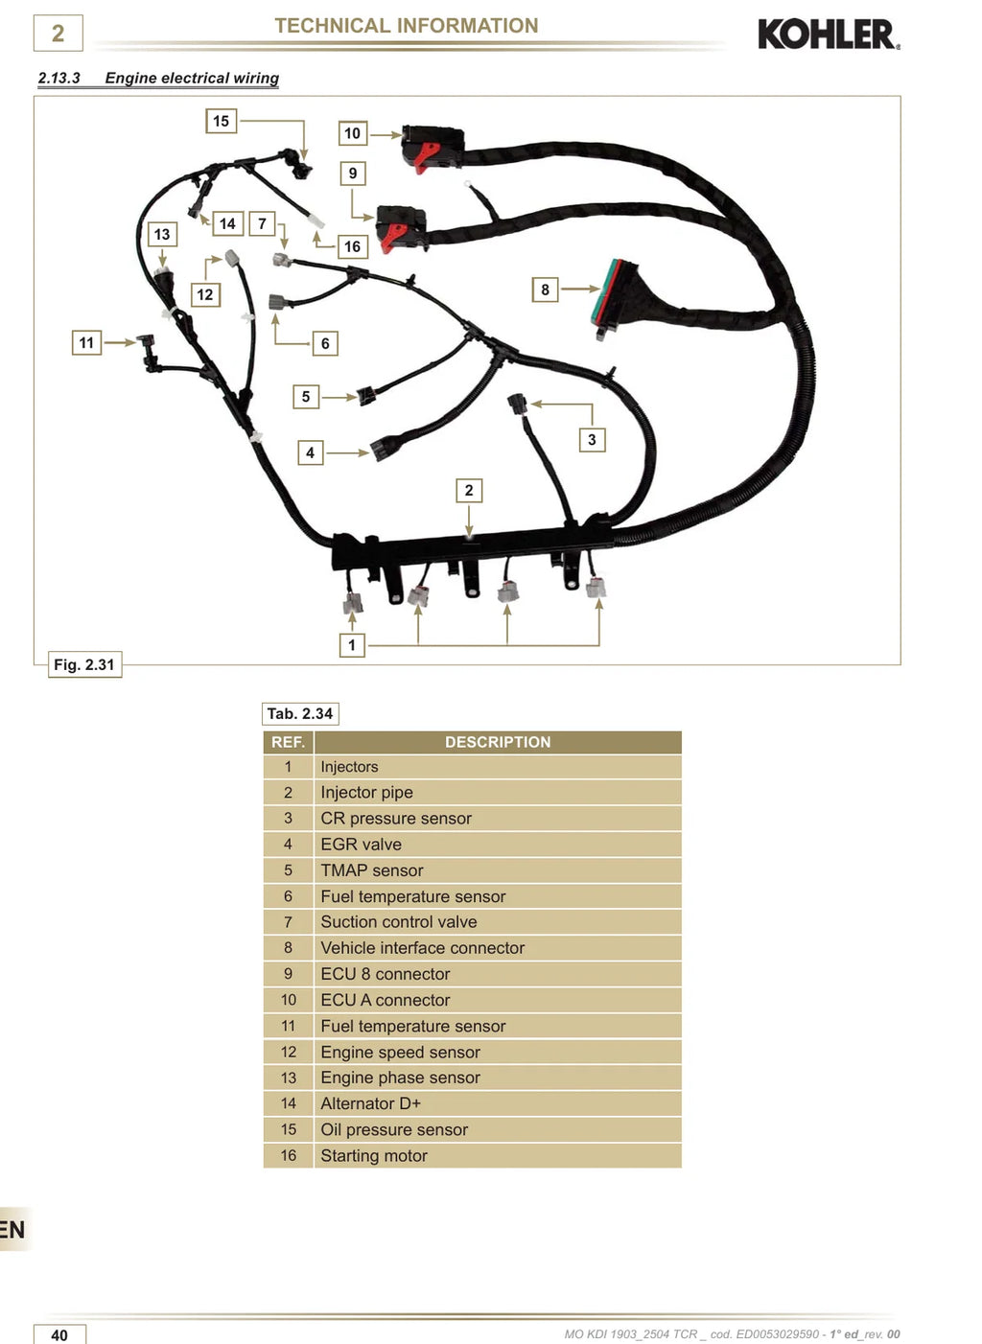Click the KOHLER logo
point(829,35)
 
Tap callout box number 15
point(221,121)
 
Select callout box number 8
point(545,290)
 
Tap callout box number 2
point(469,490)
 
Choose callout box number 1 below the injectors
point(352,645)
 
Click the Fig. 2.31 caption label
point(84,664)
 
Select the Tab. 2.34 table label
point(300,713)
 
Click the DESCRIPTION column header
point(498,742)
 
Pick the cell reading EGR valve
point(498,845)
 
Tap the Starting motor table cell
point(498,1155)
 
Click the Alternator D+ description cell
point(498,1103)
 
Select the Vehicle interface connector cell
point(498,948)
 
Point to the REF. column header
point(288,742)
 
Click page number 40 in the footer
point(59,1334)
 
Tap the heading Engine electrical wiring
point(192,78)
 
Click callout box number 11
point(86,342)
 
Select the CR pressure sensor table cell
point(498,819)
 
